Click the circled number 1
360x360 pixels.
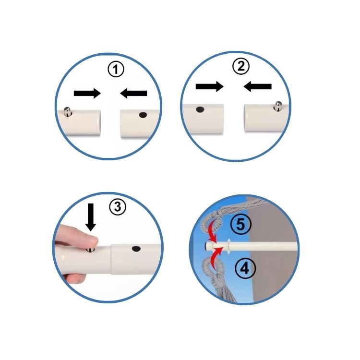(x=116, y=69)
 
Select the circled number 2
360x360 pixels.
(x=240, y=66)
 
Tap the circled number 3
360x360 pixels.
(x=117, y=207)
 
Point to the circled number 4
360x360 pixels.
(x=245, y=268)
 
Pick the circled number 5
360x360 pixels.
(x=240, y=224)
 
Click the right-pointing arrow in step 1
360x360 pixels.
(x=87, y=93)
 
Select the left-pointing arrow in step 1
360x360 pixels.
(x=133, y=93)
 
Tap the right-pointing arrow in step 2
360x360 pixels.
(x=209, y=86)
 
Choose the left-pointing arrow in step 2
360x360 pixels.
(x=257, y=86)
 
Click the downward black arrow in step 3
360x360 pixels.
(x=91, y=217)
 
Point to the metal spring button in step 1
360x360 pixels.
(x=67, y=111)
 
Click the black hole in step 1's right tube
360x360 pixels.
(x=143, y=115)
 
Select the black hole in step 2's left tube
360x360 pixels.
(x=200, y=109)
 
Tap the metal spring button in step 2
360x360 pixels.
(x=278, y=106)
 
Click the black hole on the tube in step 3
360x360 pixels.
(x=136, y=248)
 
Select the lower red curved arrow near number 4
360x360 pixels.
(x=216, y=257)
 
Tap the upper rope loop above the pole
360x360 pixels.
(x=210, y=222)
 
